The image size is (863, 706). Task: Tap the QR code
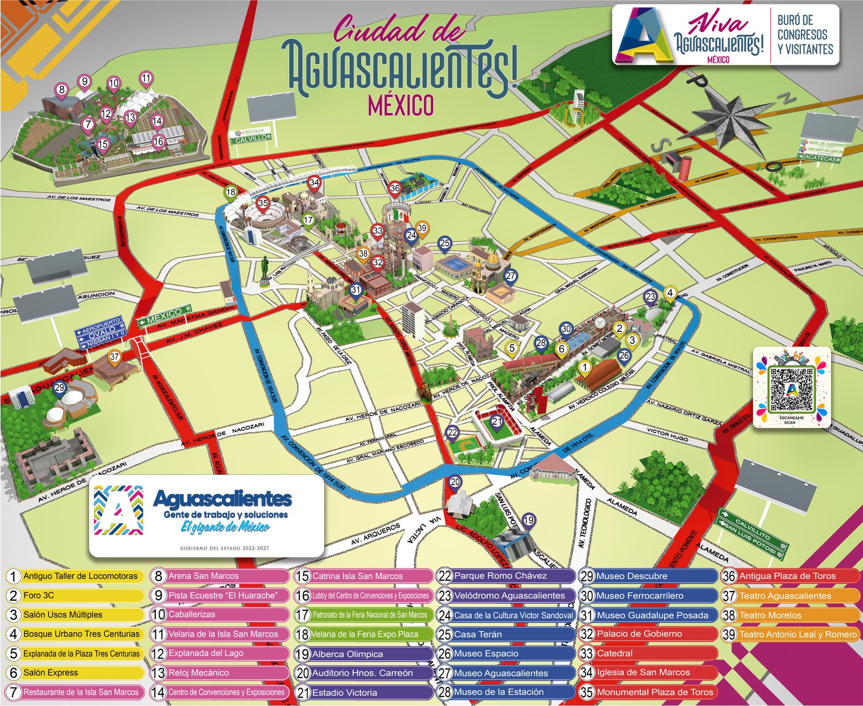(x=791, y=389)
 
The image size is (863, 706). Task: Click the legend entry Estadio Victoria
(x=364, y=692)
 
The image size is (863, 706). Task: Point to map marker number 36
(x=395, y=188)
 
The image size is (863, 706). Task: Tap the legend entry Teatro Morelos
(x=790, y=615)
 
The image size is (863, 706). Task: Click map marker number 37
(x=114, y=357)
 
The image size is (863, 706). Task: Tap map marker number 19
(x=529, y=520)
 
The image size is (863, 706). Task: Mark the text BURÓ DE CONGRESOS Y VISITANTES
(x=805, y=35)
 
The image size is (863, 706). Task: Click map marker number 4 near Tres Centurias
(x=670, y=293)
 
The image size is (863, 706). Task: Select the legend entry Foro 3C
(x=76, y=595)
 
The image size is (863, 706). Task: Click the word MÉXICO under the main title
(x=400, y=105)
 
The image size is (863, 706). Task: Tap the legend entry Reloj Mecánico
(x=219, y=673)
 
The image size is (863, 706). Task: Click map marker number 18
(x=231, y=192)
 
